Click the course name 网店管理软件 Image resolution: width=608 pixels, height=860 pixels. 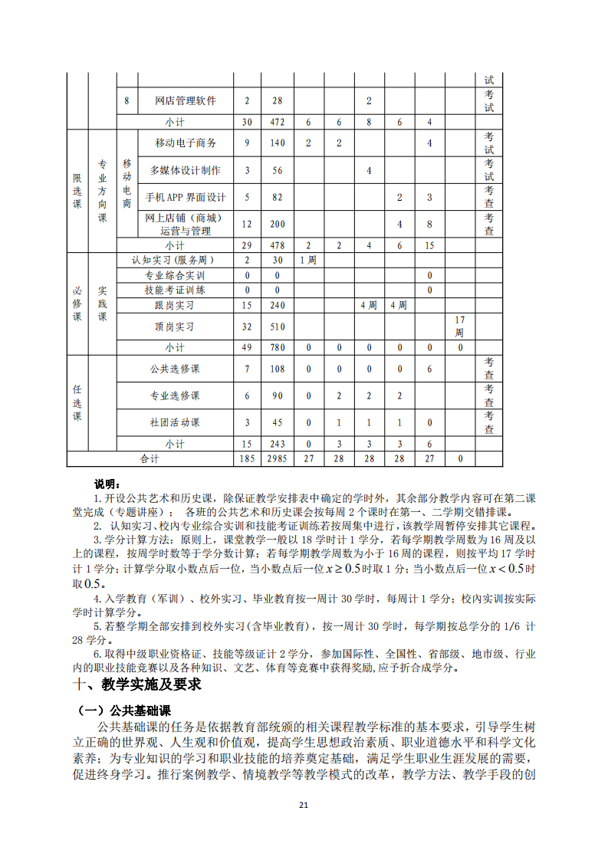pyautogui.click(x=185, y=100)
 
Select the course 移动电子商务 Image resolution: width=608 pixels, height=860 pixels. pyautogui.click(x=185, y=143)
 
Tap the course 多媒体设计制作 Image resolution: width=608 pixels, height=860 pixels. pyautogui.click(x=185, y=170)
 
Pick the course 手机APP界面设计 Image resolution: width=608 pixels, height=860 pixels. pyautogui.click(x=185, y=197)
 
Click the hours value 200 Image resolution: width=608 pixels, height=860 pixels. pyautogui.click(x=278, y=224)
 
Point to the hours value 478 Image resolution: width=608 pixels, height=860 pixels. pyautogui.click(x=278, y=245)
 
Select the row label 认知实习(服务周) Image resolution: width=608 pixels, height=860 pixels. pyautogui.click(x=174, y=260)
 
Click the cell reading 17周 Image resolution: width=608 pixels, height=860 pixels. pyautogui.click(x=459, y=326)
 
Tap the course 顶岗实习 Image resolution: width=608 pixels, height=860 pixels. pyautogui.click(x=174, y=326)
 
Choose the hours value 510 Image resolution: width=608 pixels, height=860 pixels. pyautogui.click(x=278, y=326)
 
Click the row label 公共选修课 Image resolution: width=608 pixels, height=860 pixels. pyautogui.click(x=174, y=369)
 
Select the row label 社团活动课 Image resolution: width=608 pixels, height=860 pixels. pyautogui.click(x=174, y=422)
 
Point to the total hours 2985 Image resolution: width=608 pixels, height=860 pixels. pyautogui.click(x=278, y=458)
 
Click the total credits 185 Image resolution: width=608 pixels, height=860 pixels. pyautogui.click(x=247, y=458)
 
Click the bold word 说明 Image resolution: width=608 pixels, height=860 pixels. pyautogui.click(x=107, y=484)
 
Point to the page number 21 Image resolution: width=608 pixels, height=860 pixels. pyautogui.click(x=304, y=804)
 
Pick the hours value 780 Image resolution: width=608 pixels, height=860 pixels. pyautogui.click(x=278, y=347)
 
